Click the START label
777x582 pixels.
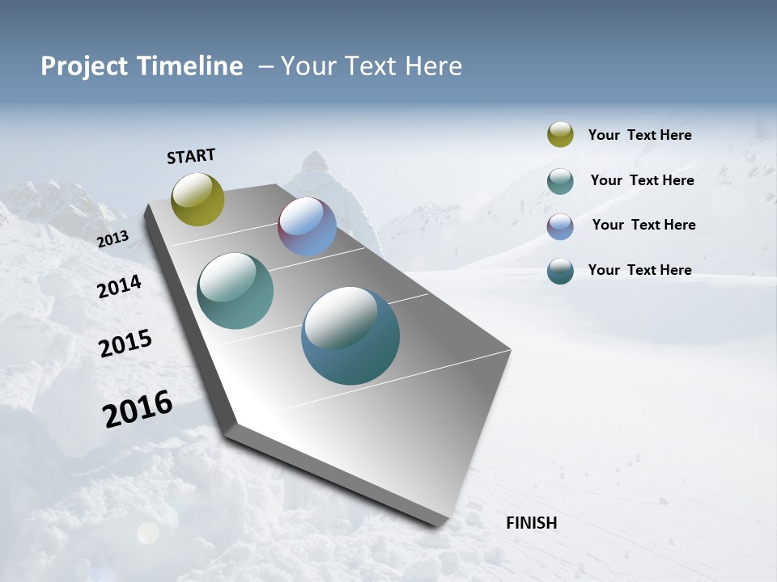click(191, 156)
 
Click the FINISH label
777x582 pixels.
click(531, 523)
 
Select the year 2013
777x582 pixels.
click(113, 238)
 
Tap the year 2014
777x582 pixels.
click(119, 286)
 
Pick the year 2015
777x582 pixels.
click(125, 344)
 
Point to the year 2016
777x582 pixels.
click(138, 409)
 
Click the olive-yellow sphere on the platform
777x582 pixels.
click(197, 199)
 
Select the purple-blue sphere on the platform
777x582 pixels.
click(307, 226)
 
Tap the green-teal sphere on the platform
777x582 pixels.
click(235, 291)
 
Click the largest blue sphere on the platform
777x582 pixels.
click(350, 335)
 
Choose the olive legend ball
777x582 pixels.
click(560, 134)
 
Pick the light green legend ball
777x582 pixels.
click(560, 181)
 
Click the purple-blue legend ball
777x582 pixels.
click(560, 226)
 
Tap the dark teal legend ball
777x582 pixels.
click(560, 271)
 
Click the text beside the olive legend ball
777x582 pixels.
click(639, 135)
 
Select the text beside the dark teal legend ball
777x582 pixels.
click(639, 270)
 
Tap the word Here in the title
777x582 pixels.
click(433, 66)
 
